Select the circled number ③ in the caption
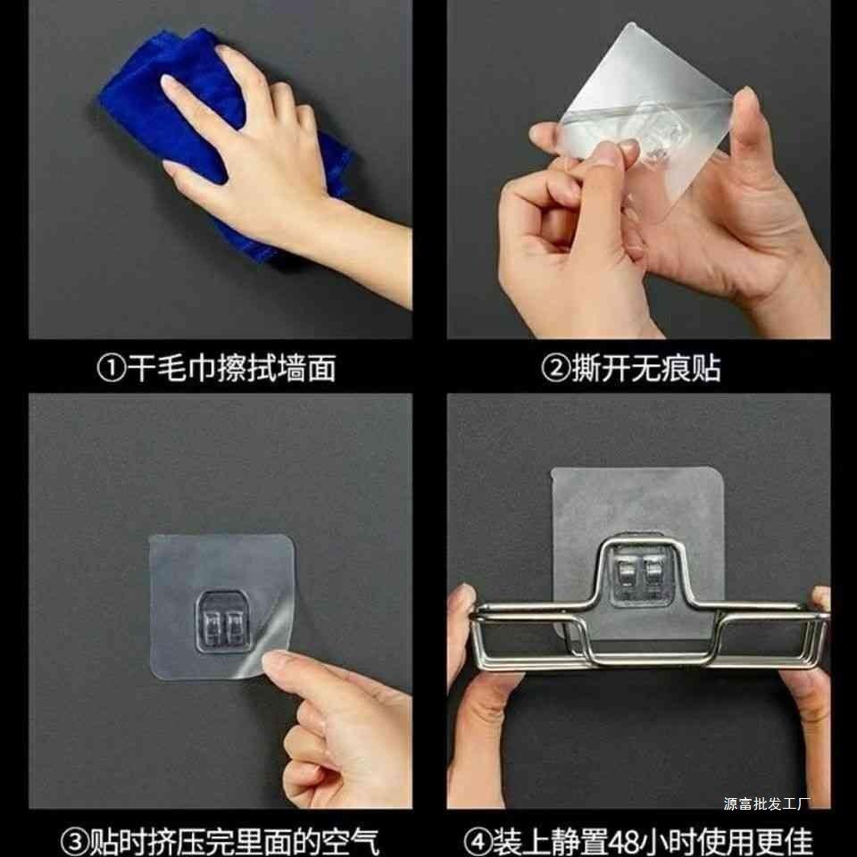click(x=74, y=842)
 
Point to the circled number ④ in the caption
click(x=478, y=842)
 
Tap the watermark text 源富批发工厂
click(x=765, y=803)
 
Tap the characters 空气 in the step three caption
click(x=350, y=842)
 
